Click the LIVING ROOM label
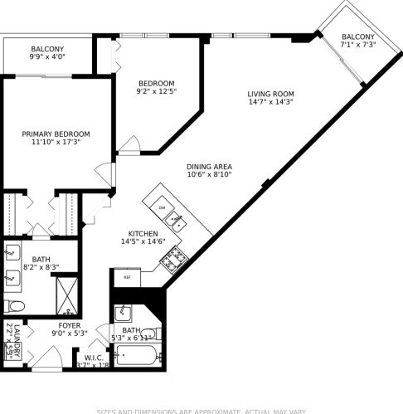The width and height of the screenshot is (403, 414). click(271, 94)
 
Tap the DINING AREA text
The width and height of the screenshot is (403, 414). click(208, 166)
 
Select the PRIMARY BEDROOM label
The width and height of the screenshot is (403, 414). click(56, 134)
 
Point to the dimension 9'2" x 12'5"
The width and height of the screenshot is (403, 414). click(156, 92)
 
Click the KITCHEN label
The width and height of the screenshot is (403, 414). click(143, 233)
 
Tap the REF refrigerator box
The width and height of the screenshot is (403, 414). click(128, 277)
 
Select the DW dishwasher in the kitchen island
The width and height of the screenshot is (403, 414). click(162, 207)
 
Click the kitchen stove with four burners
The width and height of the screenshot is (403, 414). click(172, 262)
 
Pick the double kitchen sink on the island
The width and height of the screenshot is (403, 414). click(176, 220)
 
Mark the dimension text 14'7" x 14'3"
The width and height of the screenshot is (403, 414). click(271, 102)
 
